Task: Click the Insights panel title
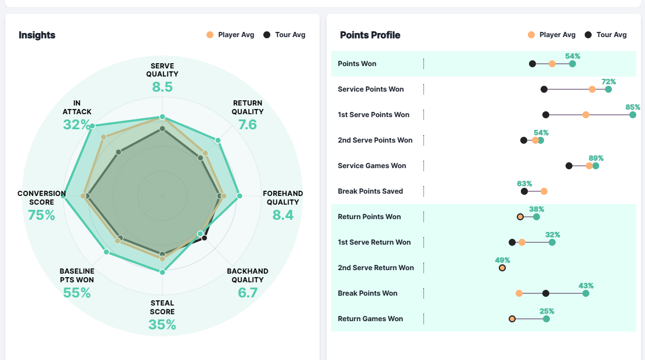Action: [37, 35]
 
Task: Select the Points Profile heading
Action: [370, 35]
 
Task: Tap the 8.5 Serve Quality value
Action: [162, 88]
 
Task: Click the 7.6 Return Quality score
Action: [248, 125]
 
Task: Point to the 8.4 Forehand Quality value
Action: [283, 215]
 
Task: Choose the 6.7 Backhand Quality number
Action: [248, 293]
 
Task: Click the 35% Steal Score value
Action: [162, 324]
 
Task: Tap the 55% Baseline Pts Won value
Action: [77, 293]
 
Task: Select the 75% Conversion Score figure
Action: [41, 215]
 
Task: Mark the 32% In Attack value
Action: [77, 125]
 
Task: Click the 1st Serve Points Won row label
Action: [374, 115]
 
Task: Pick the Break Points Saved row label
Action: [370, 191]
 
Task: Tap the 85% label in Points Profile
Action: [633, 107]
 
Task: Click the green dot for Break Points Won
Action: [586, 293]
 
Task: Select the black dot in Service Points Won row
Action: [544, 89]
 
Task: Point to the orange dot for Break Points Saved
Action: [544, 191]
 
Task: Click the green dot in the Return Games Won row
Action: [546, 319]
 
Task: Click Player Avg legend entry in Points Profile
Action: [552, 35]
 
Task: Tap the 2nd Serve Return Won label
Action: [376, 268]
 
